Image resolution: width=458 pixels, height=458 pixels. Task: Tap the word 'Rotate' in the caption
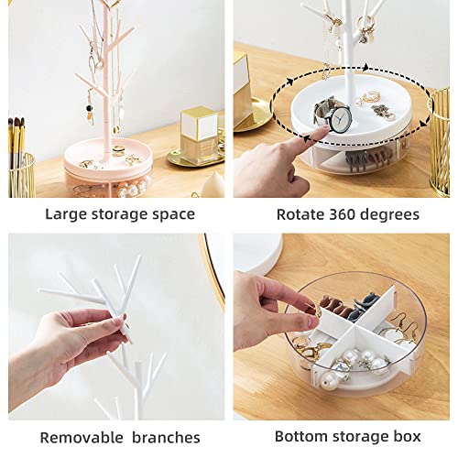point(300,214)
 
